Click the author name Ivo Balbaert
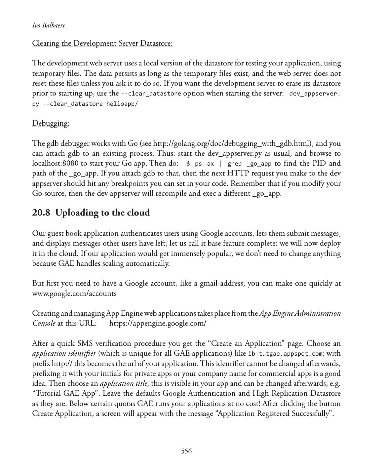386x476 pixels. (x=49, y=25)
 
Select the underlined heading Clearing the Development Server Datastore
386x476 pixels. (x=102, y=43)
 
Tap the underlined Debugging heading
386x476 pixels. (x=51, y=123)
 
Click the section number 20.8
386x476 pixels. (x=41, y=213)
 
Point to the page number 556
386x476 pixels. (x=186, y=451)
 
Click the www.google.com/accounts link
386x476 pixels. (x=74, y=294)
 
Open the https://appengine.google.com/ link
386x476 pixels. (x=158, y=323)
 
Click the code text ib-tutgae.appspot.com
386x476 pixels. (x=285, y=354)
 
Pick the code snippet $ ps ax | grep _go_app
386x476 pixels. (x=229, y=164)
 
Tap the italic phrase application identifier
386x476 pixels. (x=64, y=353)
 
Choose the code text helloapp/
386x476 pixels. (x=122, y=104)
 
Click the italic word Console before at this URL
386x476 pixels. (x=44, y=323)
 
